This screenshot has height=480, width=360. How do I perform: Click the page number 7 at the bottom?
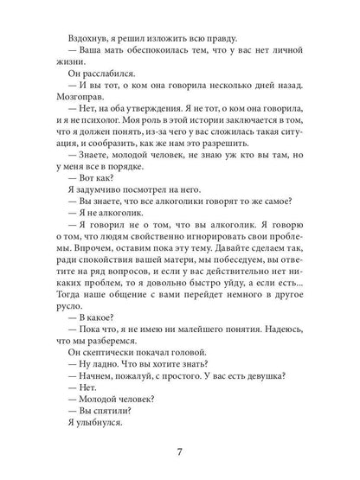click(180, 449)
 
